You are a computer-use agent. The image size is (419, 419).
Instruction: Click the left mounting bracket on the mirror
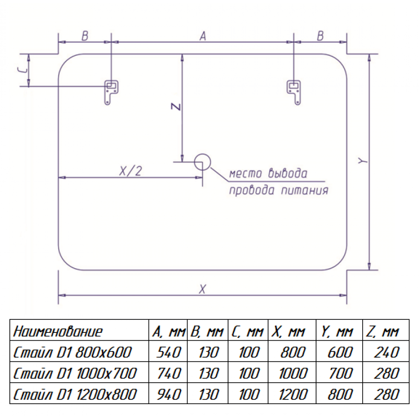[111, 93]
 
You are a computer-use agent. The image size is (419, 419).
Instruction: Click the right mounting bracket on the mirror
[294, 93]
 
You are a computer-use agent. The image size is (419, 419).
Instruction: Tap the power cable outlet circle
[203, 162]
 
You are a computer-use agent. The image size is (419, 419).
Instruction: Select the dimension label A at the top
[203, 36]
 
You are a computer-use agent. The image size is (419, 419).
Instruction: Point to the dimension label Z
[176, 107]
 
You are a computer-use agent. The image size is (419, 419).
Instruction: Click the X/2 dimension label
[130, 171]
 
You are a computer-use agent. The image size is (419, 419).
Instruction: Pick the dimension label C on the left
[22, 70]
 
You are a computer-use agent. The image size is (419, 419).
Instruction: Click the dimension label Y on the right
[363, 161]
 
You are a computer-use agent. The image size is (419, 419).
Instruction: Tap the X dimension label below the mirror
[203, 289]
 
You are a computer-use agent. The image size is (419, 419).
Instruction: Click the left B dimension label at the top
[85, 36]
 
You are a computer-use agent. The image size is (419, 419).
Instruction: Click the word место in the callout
[245, 174]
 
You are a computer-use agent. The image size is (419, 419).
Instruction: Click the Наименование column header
[58, 331]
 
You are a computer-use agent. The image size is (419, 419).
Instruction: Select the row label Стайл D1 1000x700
[75, 373]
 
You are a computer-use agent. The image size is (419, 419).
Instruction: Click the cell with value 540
[169, 352]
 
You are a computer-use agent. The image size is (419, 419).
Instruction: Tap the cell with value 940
[169, 394]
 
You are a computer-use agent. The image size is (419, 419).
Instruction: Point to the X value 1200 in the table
[293, 394]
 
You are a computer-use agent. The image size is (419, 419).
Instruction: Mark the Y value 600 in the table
[340, 352]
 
